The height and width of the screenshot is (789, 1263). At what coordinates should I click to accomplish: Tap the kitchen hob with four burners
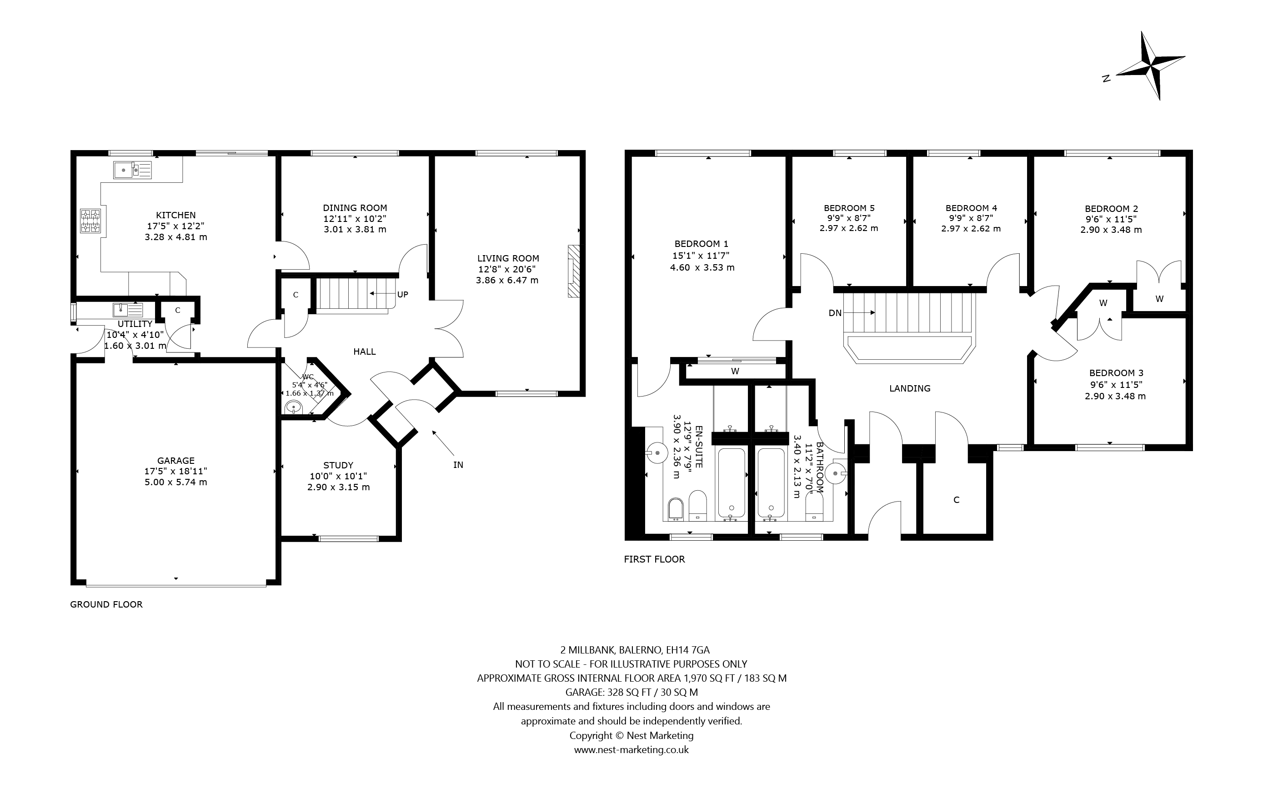[x=90, y=221]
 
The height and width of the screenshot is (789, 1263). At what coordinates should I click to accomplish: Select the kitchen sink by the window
[x=132, y=170]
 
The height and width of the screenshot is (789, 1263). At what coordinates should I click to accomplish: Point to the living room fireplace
[x=573, y=271]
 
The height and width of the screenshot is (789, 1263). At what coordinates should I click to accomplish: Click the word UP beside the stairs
[x=402, y=294]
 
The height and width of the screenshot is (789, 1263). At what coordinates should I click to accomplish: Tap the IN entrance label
[x=458, y=465]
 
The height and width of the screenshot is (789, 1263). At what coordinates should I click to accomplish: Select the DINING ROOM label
[x=355, y=208]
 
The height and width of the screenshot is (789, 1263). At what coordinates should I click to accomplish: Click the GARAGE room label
[x=176, y=460]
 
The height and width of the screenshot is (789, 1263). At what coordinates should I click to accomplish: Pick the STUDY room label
[x=338, y=465]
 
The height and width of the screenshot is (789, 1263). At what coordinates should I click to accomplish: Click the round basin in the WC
[x=294, y=407]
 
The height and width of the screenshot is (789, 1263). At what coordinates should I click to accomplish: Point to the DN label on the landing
[x=835, y=313]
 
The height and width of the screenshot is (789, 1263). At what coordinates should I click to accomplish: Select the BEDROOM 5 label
[x=849, y=208]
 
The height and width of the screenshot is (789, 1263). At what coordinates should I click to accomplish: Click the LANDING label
[x=910, y=388]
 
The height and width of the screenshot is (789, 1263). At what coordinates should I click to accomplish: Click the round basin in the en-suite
[x=657, y=452]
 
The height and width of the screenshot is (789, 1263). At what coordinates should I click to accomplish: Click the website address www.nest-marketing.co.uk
[x=631, y=750]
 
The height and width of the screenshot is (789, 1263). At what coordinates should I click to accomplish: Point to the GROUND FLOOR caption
[x=106, y=604]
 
